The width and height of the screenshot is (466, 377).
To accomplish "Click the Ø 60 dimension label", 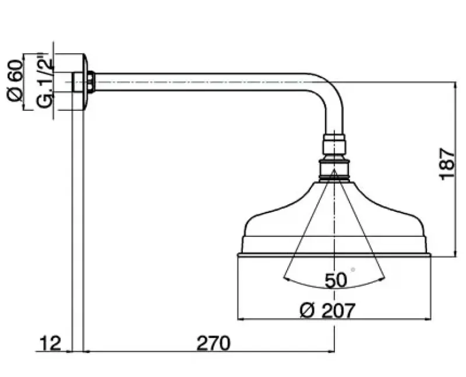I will click(15, 82).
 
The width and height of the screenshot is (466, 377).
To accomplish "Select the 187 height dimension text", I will click(447, 163).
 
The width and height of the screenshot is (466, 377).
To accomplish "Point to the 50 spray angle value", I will click(336, 280).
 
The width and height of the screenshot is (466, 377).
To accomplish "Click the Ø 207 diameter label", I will click(327, 310).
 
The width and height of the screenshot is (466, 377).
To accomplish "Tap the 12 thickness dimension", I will click(50, 343).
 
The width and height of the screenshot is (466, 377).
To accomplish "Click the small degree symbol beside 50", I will click(353, 270).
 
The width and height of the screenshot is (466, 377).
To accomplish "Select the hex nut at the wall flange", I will click(91, 82).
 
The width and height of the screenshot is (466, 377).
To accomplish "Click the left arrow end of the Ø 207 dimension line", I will click(240, 319).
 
